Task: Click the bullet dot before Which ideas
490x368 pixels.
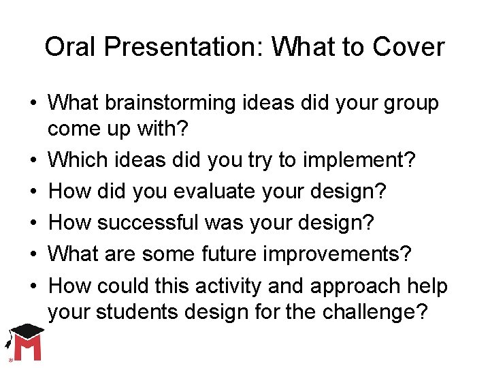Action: pos(33,161)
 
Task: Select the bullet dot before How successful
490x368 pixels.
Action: pos(33,224)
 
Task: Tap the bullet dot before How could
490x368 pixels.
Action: pos(33,286)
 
